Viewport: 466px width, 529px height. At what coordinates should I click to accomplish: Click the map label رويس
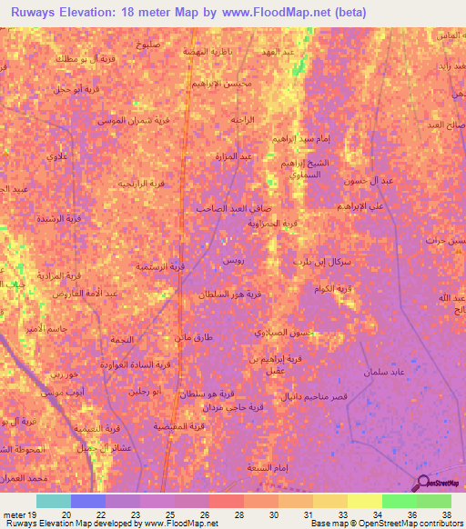pos(234,260)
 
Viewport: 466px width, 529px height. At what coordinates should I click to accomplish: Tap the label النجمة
pos(120,340)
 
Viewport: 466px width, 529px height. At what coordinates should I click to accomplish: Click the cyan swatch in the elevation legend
pos(54,501)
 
